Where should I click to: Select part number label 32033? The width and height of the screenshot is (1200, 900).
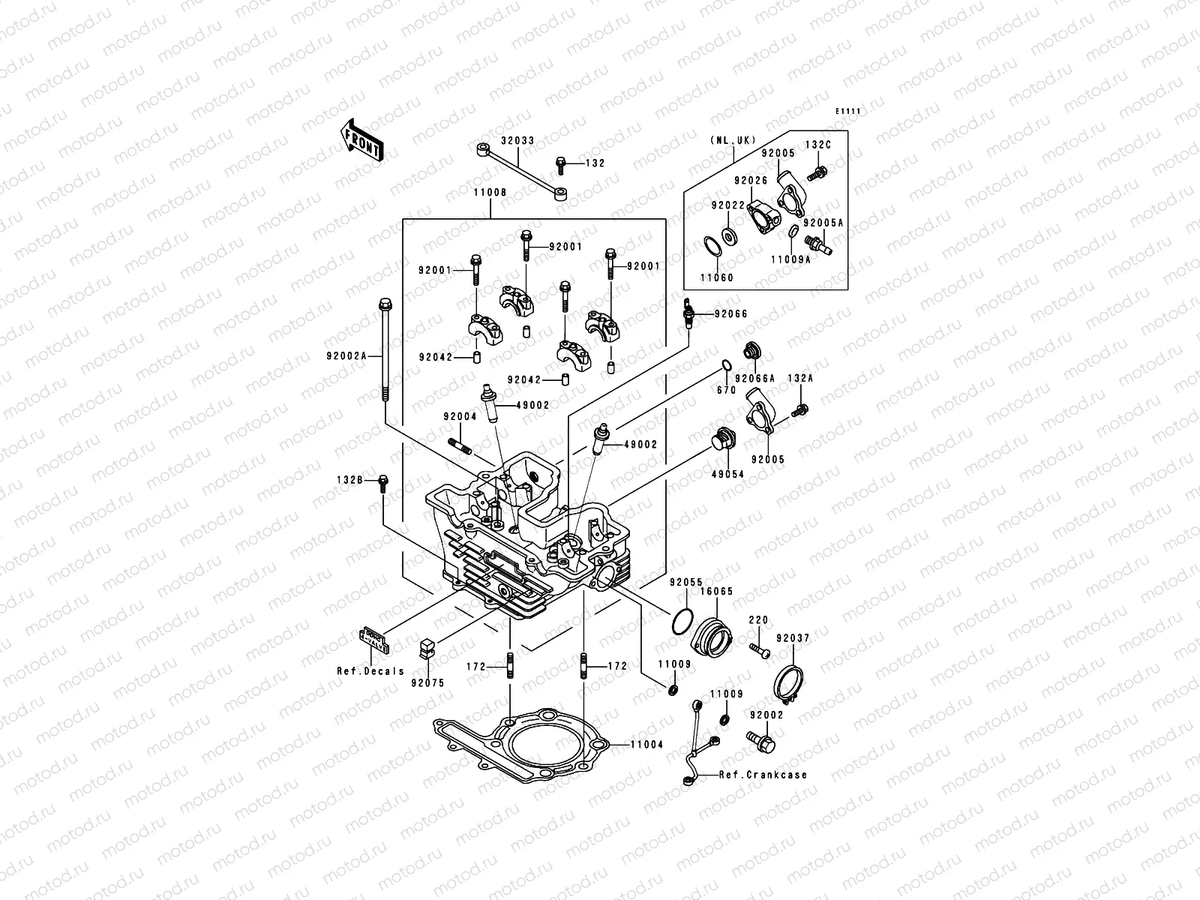517,140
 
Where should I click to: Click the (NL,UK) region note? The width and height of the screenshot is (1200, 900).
733,140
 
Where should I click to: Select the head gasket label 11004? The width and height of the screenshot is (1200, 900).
647,745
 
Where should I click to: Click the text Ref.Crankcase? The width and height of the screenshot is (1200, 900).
763,775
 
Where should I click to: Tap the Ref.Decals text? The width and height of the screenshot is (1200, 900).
370,671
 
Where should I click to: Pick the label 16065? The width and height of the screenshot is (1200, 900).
716,591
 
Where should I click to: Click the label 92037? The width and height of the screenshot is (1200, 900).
793,638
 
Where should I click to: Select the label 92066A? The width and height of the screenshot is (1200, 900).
755,379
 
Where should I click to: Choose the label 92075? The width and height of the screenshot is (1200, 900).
427,682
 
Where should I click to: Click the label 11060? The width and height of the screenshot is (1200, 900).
716,277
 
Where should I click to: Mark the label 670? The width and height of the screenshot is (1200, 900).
725,391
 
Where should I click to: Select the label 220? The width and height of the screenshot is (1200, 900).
758,620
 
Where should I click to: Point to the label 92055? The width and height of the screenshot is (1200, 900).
685,582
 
